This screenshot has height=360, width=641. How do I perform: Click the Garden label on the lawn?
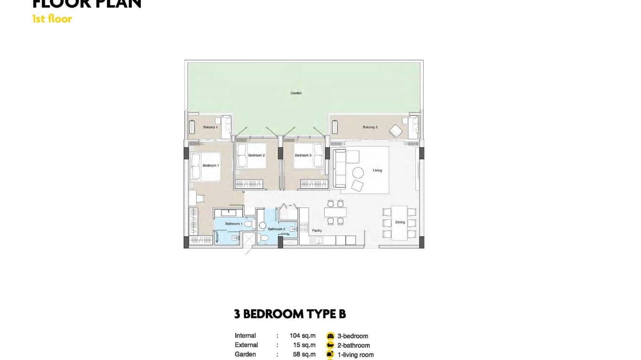click(x=296, y=93)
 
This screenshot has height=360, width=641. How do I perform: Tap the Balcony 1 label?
click(x=210, y=127)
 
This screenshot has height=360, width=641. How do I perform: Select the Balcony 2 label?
click(x=370, y=127)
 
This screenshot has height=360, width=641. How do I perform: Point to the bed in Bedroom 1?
click(x=204, y=166)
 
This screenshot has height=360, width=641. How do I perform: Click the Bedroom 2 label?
click(x=256, y=155)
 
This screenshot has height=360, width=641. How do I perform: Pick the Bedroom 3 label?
click(x=303, y=155)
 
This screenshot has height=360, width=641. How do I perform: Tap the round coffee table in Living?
click(x=358, y=173)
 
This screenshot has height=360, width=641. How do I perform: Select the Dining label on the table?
click(x=400, y=222)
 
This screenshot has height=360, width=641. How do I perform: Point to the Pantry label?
click(x=317, y=230)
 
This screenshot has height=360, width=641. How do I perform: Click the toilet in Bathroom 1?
click(x=247, y=224)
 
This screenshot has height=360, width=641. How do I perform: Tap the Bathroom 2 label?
click(x=276, y=229)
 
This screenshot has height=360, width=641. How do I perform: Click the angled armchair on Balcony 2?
click(x=395, y=131)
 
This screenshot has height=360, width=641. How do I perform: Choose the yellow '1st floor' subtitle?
click(x=52, y=19)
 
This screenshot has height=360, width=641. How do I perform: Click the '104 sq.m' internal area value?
click(x=302, y=336)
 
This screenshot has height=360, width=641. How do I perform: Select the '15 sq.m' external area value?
click(x=304, y=345)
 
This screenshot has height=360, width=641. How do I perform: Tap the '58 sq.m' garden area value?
click(x=304, y=354)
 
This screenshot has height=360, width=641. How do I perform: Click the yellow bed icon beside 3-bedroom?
click(x=330, y=336)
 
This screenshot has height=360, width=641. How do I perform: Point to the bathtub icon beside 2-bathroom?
click(x=330, y=345)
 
